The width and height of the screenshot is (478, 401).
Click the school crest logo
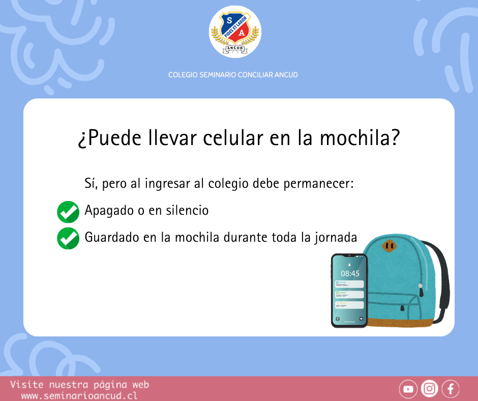click(235, 32)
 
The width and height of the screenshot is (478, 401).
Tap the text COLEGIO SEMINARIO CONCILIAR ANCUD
click(233, 75)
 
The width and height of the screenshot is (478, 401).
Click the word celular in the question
click(233, 138)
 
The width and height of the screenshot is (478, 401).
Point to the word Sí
click(91, 184)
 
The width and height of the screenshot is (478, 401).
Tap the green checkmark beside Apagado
click(68, 212)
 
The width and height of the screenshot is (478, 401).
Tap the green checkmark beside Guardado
click(68, 238)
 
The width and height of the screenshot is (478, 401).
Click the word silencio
click(187, 210)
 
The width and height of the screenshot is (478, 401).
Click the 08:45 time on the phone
click(350, 273)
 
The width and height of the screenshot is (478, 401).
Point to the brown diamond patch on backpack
click(390, 246)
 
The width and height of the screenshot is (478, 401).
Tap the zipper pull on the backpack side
click(421, 290)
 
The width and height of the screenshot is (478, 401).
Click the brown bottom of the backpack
click(400, 323)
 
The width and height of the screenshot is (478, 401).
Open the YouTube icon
click(408, 389)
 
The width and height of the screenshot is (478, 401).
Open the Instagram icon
click(430, 389)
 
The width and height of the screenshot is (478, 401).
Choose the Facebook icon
click(451, 389)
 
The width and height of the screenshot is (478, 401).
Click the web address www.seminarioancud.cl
click(79, 396)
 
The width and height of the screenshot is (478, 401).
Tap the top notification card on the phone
click(349, 284)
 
